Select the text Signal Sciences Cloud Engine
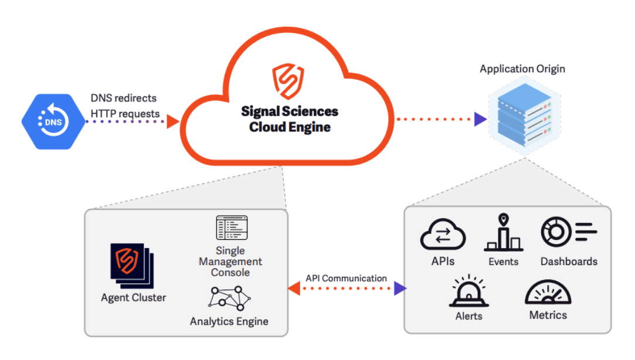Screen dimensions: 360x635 [290, 119]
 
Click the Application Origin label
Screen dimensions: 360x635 [522, 69]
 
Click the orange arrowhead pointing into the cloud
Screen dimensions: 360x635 [172, 121]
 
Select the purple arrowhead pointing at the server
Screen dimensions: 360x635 [480, 119]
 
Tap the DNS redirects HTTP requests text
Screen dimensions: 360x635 [125, 106]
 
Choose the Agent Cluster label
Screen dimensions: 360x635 [133, 297]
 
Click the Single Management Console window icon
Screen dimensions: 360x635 [232, 227]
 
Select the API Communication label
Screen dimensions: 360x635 [346, 278]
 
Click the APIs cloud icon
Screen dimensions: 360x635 [443, 236]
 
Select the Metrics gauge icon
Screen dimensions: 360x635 [548, 291]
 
